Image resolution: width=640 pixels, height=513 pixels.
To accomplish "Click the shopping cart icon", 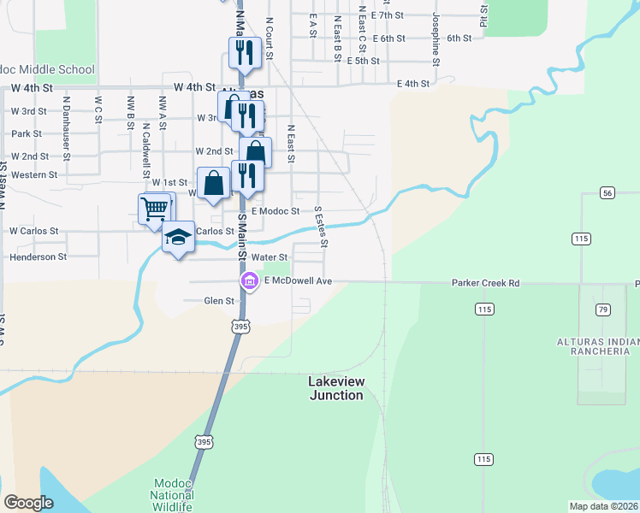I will [x=154, y=208].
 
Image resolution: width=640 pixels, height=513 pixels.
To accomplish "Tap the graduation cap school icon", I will [x=178, y=236].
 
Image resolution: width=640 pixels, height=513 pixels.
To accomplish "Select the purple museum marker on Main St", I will [x=250, y=281].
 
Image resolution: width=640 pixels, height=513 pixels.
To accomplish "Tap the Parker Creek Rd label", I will [x=485, y=282].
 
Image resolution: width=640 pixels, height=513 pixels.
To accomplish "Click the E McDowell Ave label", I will [x=297, y=281].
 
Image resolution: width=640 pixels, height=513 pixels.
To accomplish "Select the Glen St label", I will [x=219, y=301].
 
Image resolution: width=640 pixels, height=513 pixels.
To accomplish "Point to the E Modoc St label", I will [x=276, y=210].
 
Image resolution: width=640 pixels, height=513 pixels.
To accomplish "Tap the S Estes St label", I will [x=322, y=226].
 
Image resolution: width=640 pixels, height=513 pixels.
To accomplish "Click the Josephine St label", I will [x=436, y=39].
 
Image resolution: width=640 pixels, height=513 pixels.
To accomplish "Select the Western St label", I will [x=35, y=174].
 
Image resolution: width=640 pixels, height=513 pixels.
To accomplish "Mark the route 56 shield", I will [x=607, y=193].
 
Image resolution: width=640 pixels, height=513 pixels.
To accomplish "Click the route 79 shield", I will [x=603, y=309].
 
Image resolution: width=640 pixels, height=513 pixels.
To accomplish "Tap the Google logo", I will [x=28, y=503].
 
